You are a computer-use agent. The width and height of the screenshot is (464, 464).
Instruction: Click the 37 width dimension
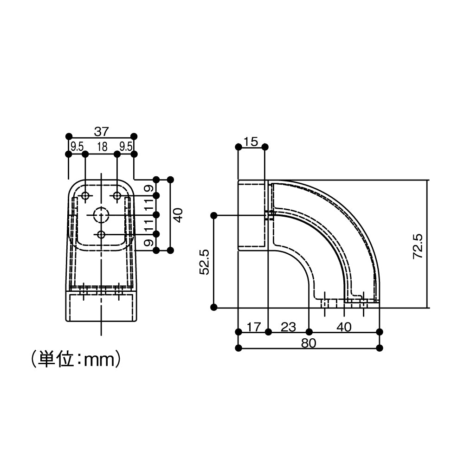tap(102, 131)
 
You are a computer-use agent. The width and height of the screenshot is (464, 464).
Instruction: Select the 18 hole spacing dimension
tap(102, 147)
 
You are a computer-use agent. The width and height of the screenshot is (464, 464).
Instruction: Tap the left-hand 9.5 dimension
tap(77, 147)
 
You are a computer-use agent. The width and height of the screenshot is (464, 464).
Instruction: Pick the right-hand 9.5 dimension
tap(126, 147)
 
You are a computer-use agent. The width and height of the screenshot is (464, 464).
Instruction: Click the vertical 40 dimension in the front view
tap(178, 214)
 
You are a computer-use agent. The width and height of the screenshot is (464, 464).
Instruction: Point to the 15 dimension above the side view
tap(251, 142)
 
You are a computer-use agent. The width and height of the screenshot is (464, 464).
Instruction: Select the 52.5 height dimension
tap(205, 262)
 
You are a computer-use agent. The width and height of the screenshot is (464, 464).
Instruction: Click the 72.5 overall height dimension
tap(417, 245)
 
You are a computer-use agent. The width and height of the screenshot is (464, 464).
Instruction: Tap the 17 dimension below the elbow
tap(253, 327)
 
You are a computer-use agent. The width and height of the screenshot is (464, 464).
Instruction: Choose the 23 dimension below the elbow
tap(288, 327)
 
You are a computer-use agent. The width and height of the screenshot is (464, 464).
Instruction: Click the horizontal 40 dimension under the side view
tap(344, 327)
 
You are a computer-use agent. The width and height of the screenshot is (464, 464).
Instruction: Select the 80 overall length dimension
tap(309, 343)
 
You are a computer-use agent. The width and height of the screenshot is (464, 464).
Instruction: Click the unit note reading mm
tap(77, 359)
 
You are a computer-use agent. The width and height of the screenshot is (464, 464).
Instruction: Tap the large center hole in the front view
tap(101, 215)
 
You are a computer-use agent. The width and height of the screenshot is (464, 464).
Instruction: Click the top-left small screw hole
tap(85, 196)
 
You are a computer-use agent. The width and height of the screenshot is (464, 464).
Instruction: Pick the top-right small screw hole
tap(117, 196)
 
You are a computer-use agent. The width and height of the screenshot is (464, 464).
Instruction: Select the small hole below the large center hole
tap(101, 234)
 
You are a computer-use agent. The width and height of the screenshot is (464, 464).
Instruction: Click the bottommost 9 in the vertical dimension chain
tap(147, 242)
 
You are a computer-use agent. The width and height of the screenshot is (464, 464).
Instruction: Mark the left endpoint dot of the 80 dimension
tap(238, 348)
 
